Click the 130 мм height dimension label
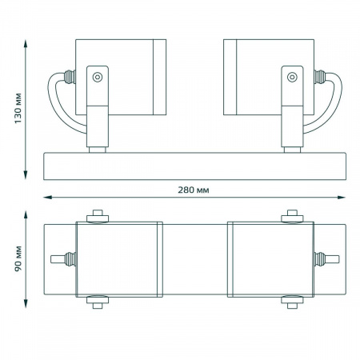pos(18,108)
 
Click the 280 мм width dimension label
pos(194,190)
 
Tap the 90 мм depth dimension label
pos(18,259)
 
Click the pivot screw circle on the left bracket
pos(98,78)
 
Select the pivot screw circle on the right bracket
pos(292,78)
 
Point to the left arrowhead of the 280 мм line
pos(47,198)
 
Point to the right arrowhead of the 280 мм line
pos(342,198)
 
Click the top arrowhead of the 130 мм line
pos(26,44)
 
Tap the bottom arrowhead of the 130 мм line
pos(26,175)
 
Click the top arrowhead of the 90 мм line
pos(26,215)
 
